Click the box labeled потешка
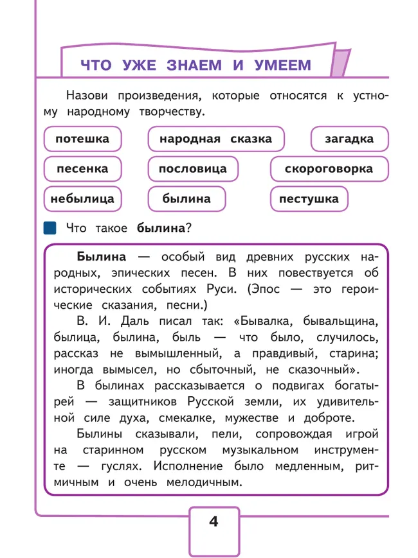click(x=82, y=139)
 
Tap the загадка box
click(x=349, y=139)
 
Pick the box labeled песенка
click(x=82, y=169)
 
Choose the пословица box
click(x=192, y=169)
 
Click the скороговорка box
click(x=329, y=169)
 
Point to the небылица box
click(x=82, y=199)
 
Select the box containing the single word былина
click(x=186, y=199)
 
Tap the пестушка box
click(x=309, y=199)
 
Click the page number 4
click(x=214, y=521)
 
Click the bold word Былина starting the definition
click(x=101, y=257)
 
